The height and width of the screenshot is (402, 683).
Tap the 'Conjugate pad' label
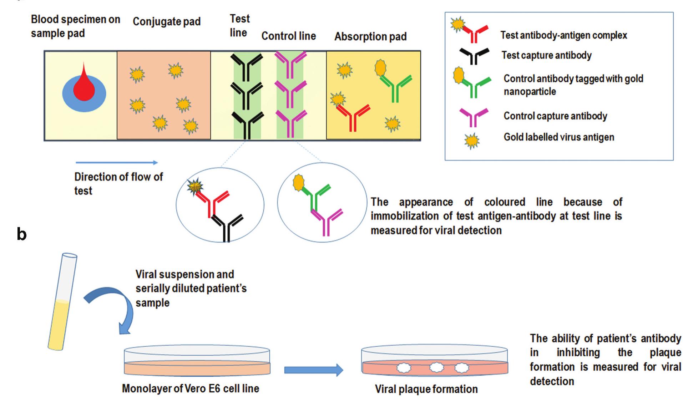(167, 22)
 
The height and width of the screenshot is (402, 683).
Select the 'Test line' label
(239, 26)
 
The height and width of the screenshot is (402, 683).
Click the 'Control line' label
(288, 36)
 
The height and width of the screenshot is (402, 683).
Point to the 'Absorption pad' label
(370, 36)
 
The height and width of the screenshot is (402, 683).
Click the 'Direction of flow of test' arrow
(116, 163)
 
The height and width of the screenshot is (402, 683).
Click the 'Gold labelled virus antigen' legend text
(559, 137)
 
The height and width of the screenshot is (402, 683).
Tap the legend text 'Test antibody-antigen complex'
(563, 35)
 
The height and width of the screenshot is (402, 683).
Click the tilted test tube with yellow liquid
(62, 301)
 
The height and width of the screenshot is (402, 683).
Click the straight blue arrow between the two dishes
(313, 370)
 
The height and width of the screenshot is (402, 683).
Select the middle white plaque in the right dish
(436, 367)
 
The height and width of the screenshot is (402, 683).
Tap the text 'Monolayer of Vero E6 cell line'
(191, 388)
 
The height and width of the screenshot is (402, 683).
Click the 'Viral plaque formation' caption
(426, 389)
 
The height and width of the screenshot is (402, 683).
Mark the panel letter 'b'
(21, 234)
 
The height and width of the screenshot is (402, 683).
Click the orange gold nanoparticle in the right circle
(298, 182)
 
